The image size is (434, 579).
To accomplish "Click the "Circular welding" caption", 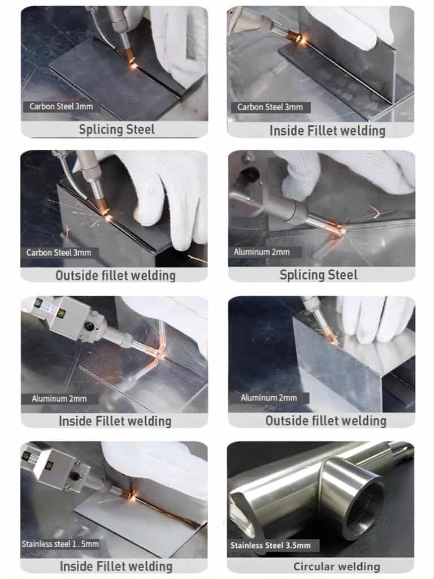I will pos(336,566).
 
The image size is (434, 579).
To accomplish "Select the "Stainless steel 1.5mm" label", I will pos(60,544).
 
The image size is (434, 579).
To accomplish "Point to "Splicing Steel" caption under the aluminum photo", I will pos(319,275).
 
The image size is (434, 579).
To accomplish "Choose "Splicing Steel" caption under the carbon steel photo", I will pos(116,129).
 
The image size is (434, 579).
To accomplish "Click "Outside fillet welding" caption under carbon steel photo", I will pos(115,275).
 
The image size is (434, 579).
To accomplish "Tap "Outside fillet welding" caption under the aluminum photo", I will pos(326,421).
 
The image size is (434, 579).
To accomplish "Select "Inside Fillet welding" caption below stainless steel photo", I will pos(115,566).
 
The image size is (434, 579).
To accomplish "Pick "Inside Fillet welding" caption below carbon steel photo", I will pos(327,131).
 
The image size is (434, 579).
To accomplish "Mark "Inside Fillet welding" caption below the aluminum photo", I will pos(115,421).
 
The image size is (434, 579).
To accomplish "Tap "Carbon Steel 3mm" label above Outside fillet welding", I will pos(58,252).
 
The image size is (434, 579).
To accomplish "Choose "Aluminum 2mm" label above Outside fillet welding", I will pos(268,397).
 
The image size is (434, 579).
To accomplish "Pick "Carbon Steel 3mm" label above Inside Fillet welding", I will pos(270,107).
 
